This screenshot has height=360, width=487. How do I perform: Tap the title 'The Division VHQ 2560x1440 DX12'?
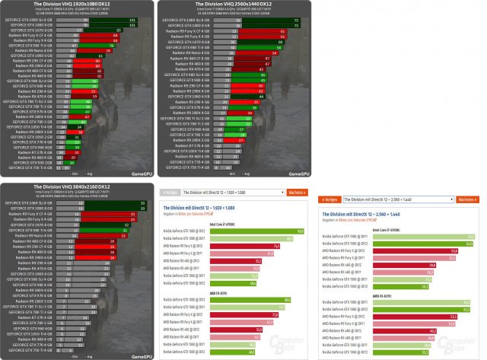point(236,5)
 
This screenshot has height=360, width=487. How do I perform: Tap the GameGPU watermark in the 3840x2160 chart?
point(140,353)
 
